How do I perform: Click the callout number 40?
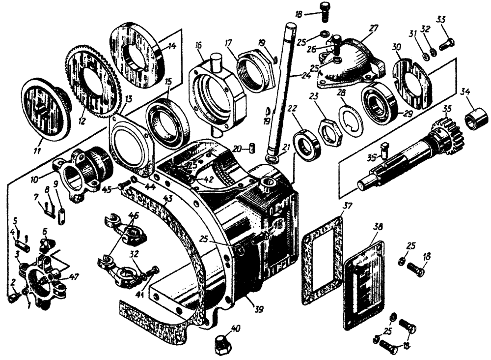click(x=236, y=329)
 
